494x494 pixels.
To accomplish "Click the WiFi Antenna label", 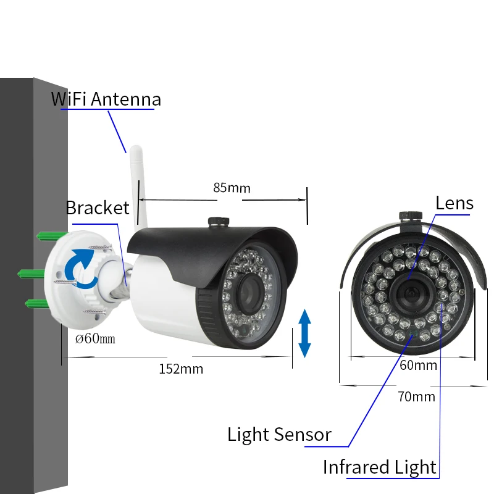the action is (x=106, y=99).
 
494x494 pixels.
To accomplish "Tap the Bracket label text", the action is (x=98, y=207).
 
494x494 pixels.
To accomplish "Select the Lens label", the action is (x=454, y=203).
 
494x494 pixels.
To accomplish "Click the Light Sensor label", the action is (x=279, y=435).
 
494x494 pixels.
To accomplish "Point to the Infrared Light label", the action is (x=380, y=467).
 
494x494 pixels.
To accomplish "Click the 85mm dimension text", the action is (x=232, y=188).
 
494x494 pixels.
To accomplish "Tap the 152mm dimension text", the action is (x=181, y=369).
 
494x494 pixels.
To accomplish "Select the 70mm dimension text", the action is (x=416, y=396).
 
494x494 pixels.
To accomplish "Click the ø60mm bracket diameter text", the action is (x=95, y=338).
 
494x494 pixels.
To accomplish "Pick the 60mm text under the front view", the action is (x=418, y=366).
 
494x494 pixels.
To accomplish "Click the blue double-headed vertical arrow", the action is (x=304, y=333).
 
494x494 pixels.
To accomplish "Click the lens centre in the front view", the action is (x=411, y=293).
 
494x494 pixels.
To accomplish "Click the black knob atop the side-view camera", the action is (x=219, y=221).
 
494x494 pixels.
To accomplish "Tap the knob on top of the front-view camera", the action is (x=411, y=216).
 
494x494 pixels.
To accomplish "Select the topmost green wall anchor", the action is (x=52, y=236).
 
